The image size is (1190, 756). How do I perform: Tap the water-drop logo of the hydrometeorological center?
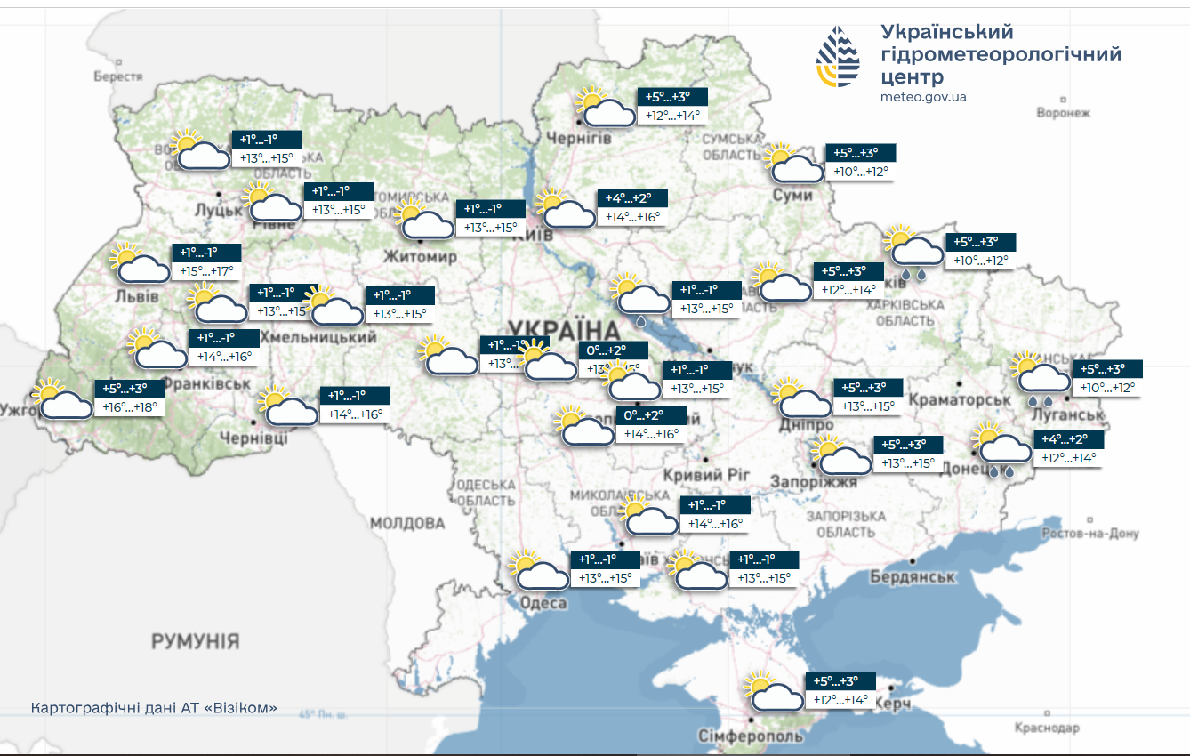pos(838,57)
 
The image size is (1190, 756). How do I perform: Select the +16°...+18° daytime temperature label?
pos(130,407)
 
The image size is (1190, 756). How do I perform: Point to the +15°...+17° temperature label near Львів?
pos(206,270)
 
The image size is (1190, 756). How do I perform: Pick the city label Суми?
pos(792,195)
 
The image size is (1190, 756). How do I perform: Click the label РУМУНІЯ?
pos(195,641)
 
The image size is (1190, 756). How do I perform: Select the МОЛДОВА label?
pos(407,522)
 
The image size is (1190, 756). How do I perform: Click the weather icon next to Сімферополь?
pos(772,691)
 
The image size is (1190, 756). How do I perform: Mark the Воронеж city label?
pos(1063,113)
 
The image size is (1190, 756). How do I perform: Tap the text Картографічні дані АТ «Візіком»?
pos(154,708)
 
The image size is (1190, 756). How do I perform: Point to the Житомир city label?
pos(420,257)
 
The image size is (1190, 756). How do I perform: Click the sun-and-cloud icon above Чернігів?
pos(602,108)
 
